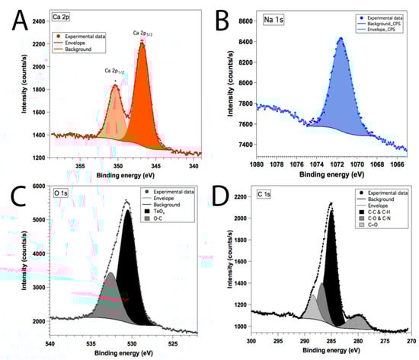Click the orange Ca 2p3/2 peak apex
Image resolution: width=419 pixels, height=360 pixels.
[x=142, y=43]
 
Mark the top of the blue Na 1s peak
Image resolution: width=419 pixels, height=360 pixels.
[x=340, y=38]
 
